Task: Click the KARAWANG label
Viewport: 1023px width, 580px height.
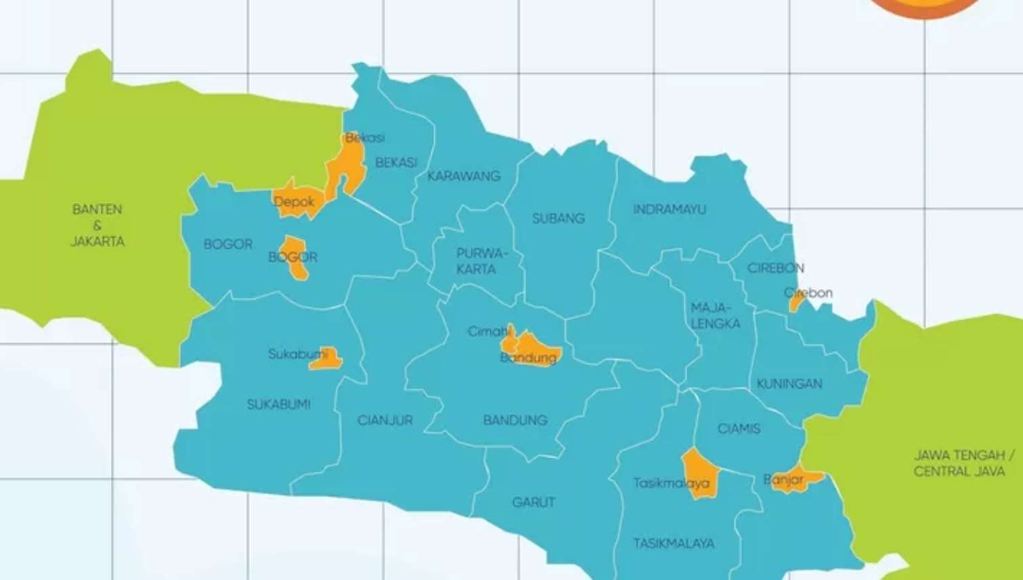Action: point(464,176)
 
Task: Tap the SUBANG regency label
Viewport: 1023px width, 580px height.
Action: point(558,219)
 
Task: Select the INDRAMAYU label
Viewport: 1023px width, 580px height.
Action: point(669,210)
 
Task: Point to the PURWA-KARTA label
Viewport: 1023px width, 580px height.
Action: point(480,261)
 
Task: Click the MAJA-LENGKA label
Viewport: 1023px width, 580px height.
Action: point(715,316)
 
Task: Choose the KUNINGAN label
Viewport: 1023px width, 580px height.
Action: point(789,384)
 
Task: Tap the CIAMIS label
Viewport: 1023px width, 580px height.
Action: point(739,428)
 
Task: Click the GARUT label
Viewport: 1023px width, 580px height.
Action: point(534,502)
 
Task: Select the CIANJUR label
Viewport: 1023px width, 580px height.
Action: point(385,420)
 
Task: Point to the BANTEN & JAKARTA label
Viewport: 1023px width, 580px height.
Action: point(97,225)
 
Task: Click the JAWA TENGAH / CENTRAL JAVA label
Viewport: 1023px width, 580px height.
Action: point(959,463)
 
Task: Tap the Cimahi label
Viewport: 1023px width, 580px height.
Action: point(488,332)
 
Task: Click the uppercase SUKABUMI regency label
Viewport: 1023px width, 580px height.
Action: point(278,405)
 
